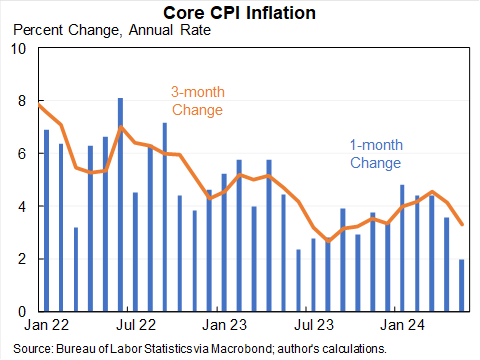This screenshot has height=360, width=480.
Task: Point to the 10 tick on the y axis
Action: point(19,49)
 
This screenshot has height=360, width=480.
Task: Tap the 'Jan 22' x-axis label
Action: point(47,325)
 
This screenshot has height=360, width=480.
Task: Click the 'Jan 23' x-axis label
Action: point(225,325)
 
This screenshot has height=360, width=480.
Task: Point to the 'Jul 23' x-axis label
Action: point(314,325)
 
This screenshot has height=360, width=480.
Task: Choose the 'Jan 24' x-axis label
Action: point(403,325)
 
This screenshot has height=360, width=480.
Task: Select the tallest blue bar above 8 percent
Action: point(121,204)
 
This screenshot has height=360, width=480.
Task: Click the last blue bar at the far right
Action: point(461,285)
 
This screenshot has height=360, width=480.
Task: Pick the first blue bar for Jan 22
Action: point(47,220)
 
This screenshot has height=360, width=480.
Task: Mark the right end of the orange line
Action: point(461,224)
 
